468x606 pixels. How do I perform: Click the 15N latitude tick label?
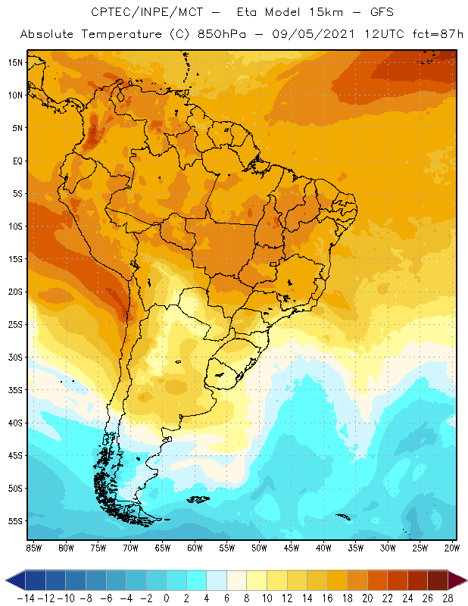click(x=15, y=62)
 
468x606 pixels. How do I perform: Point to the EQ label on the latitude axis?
click(x=16, y=161)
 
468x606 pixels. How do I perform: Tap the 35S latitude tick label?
click(x=15, y=390)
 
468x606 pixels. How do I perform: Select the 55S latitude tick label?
click(x=15, y=521)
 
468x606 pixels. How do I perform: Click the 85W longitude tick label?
click(x=33, y=548)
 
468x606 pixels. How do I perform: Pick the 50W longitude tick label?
click(x=260, y=548)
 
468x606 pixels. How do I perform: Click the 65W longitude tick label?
click(x=163, y=548)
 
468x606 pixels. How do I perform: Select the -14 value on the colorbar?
click(x=26, y=598)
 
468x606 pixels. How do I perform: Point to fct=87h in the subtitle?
click(x=429, y=34)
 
